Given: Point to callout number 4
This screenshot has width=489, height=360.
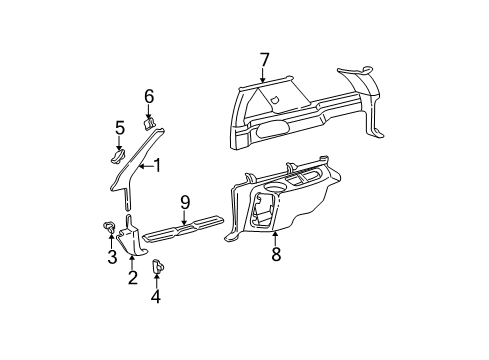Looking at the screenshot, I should pos(156,296).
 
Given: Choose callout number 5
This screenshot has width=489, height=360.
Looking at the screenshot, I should pos(119,127).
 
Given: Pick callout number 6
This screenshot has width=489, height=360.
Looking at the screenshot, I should pos(149,96).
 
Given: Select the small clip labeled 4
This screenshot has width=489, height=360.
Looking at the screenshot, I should pos(157,267).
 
